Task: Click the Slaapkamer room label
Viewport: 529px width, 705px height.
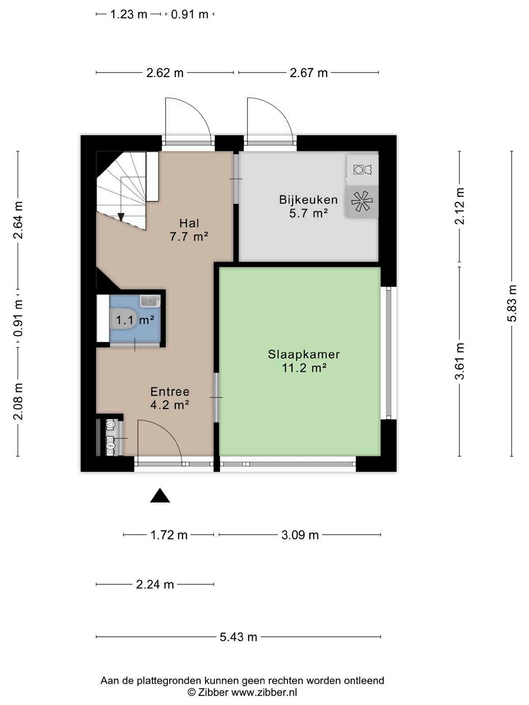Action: [x=304, y=355]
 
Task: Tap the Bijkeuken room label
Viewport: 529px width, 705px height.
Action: [x=308, y=200]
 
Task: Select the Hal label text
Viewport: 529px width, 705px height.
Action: [x=189, y=223]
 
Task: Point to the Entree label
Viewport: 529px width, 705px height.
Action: [x=170, y=392]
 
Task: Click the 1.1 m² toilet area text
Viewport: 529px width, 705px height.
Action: [x=135, y=320]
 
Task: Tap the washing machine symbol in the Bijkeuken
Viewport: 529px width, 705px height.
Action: [x=363, y=169]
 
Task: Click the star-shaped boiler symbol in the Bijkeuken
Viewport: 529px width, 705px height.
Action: [x=362, y=201]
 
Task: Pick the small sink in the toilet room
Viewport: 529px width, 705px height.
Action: [x=150, y=301]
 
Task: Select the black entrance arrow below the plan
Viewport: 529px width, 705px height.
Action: [x=160, y=496]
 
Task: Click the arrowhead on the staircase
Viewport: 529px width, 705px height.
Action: [x=121, y=218]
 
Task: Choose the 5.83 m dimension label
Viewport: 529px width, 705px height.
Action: [x=512, y=303]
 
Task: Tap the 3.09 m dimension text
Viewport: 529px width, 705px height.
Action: [x=300, y=535]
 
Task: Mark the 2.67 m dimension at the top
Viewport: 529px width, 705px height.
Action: [x=309, y=73]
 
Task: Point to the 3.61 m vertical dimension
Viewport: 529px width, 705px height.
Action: [x=460, y=361]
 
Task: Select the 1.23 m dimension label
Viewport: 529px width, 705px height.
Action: [x=128, y=14]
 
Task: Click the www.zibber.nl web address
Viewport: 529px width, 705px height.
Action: [x=264, y=692]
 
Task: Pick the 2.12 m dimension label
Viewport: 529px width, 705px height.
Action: [x=460, y=206]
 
